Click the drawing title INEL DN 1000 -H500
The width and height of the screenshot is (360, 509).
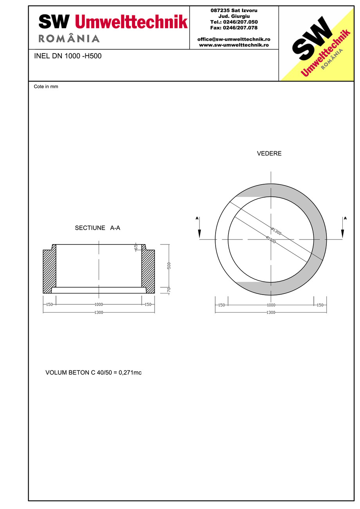pos(68,56)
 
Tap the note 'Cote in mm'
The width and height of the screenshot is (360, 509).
pos(46,86)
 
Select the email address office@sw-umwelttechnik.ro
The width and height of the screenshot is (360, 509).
pos(234,39)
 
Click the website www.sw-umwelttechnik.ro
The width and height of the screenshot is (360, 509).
pos(234,45)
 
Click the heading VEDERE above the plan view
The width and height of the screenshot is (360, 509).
pos(269,154)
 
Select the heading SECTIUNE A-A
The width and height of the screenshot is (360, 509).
pos(97,228)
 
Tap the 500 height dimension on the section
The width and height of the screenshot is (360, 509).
pos(169,266)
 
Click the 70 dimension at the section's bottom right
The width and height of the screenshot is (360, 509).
pos(169,290)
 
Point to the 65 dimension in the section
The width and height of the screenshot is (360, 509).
pos(136,247)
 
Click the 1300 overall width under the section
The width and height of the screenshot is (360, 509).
pos(99,313)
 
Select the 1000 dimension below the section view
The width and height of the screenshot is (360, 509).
pos(99,304)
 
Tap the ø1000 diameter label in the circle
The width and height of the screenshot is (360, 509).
pos(271,239)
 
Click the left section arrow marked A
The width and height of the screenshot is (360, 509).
pos(199,229)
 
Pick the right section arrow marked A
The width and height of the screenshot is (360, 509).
pos(343,229)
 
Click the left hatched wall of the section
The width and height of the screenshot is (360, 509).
pos(49,270)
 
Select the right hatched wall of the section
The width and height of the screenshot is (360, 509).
pos(148,270)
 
